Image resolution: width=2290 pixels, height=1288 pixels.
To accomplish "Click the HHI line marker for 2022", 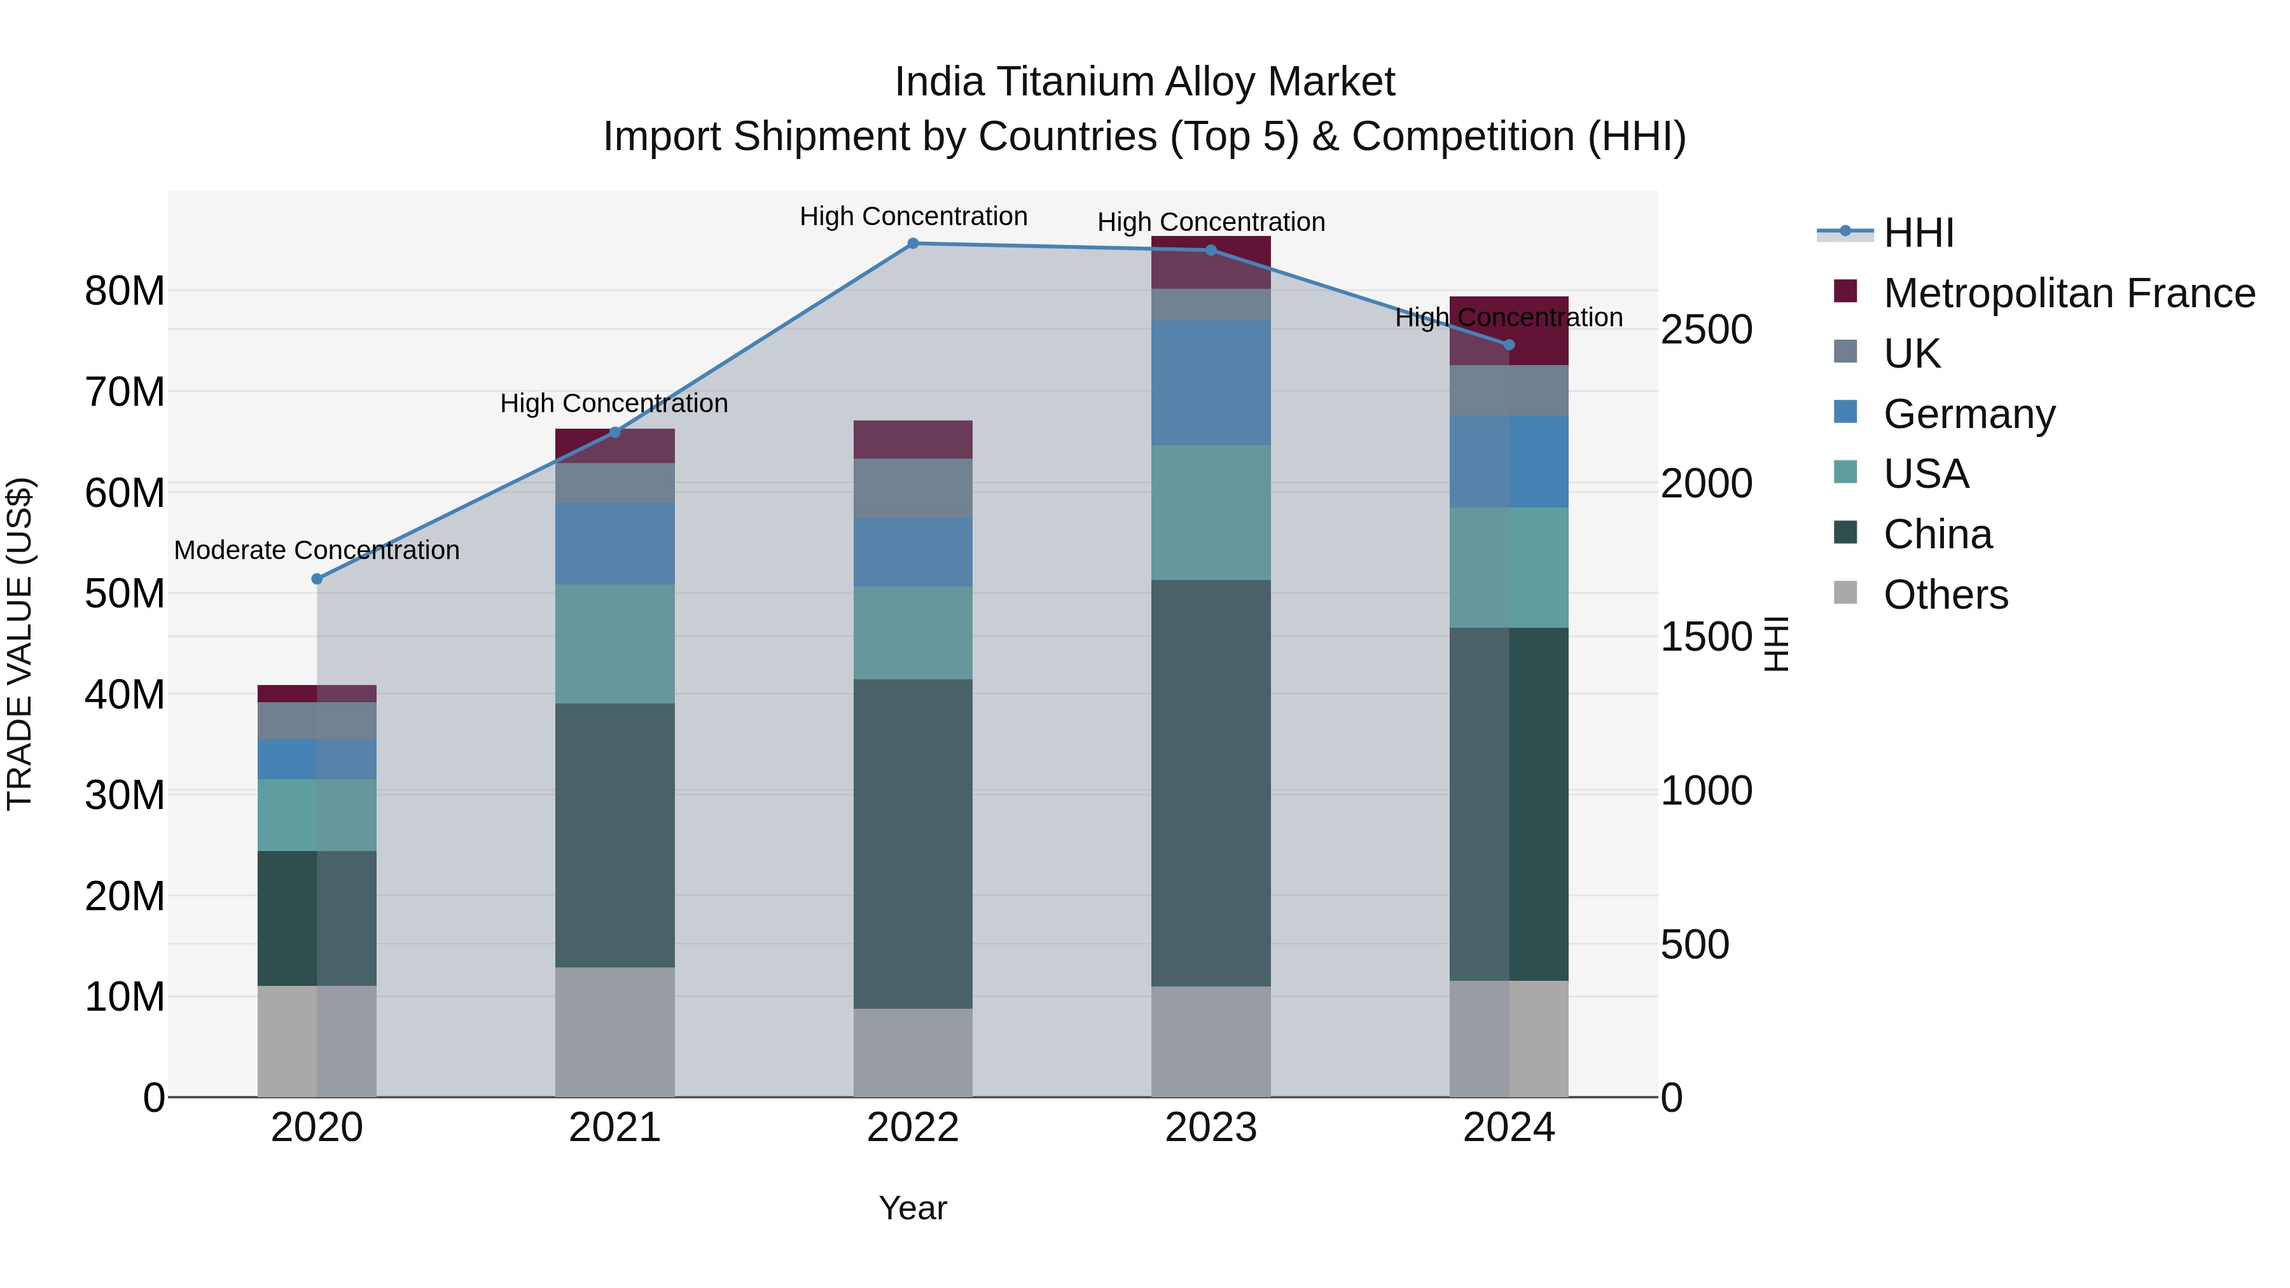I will click(x=912, y=244).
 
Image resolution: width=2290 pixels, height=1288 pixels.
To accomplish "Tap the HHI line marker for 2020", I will click(x=317, y=579).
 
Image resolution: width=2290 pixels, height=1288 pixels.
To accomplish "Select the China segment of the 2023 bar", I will click(x=1210, y=782).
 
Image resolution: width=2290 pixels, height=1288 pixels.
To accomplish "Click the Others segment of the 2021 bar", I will click(x=614, y=1031).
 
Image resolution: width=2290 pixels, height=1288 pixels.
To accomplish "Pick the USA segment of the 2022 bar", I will click(x=912, y=632).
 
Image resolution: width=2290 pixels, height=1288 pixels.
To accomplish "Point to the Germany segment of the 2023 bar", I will click(x=1210, y=382).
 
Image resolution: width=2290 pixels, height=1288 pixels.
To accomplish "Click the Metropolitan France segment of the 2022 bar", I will click(x=912, y=439).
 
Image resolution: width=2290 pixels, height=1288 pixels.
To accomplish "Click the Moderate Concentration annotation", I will click(x=317, y=550).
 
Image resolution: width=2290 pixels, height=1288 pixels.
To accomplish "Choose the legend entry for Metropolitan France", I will click(x=2068, y=293).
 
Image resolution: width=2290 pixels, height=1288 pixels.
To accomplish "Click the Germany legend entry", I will click(x=1968, y=414).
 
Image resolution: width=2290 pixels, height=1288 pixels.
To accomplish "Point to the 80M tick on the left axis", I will click(x=125, y=291).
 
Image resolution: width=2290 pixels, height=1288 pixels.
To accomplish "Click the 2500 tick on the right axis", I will click(x=1706, y=329).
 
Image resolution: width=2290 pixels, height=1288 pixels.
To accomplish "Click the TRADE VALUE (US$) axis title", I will click(x=20, y=644).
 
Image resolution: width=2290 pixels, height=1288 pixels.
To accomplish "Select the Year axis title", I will click(x=912, y=1208).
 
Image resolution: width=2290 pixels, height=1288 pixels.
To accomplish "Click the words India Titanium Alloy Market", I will click(x=1144, y=82).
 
